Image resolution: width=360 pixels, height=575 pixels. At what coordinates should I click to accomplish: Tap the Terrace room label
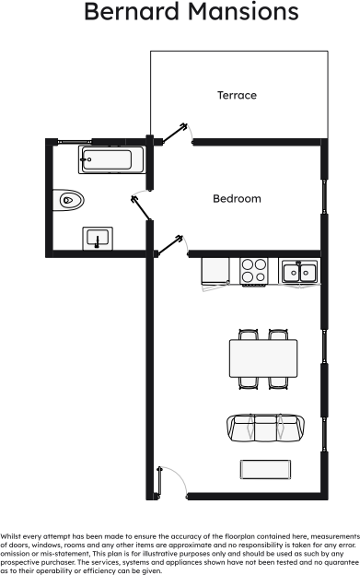click(237, 95)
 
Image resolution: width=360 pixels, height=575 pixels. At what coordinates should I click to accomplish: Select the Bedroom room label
click(237, 198)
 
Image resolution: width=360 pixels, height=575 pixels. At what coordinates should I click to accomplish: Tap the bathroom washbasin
click(99, 238)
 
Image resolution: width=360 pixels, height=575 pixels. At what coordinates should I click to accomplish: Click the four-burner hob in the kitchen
click(253, 271)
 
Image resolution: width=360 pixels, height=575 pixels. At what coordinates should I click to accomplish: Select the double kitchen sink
click(299, 271)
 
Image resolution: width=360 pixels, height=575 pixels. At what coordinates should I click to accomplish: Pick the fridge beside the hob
click(215, 270)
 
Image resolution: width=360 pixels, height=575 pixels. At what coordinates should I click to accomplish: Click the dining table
click(263, 354)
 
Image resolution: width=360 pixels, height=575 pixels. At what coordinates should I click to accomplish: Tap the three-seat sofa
click(264, 427)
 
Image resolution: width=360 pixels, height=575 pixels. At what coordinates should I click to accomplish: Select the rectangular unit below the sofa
click(264, 468)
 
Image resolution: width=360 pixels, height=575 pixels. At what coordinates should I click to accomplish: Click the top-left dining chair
click(248, 334)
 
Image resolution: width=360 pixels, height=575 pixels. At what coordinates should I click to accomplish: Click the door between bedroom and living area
click(172, 243)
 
